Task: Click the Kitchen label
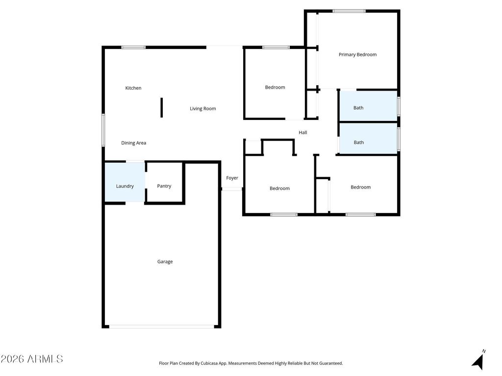click(x=133, y=88)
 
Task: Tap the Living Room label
click(x=203, y=109)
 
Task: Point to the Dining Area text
click(x=134, y=143)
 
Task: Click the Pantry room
click(x=164, y=186)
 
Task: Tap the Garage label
click(x=165, y=262)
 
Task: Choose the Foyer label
click(x=232, y=178)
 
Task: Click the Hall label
click(x=303, y=133)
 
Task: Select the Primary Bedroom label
click(x=358, y=55)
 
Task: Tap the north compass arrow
click(x=478, y=361)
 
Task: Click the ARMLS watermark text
click(x=32, y=359)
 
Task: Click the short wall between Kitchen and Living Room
click(x=161, y=107)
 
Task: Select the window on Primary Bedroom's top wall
click(x=349, y=11)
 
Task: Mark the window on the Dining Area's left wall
click(x=103, y=130)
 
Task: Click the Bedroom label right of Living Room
click(x=275, y=88)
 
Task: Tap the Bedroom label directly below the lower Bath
click(x=361, y=187)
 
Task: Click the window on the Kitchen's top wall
click(x=133, y=47)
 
